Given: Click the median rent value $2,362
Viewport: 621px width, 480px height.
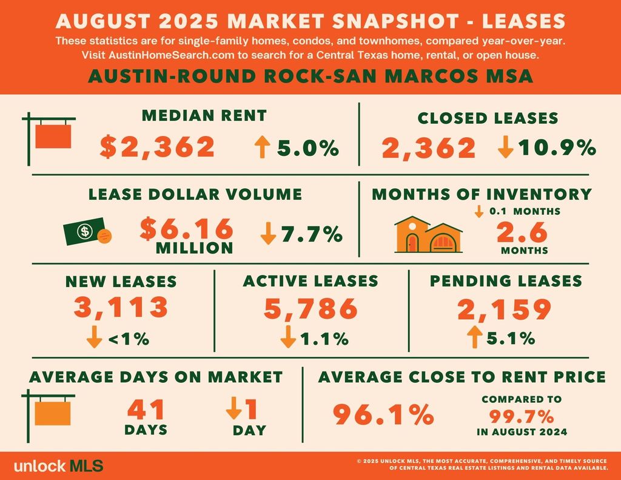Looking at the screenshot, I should pos(158,147).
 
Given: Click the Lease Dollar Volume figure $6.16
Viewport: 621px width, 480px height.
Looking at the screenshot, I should pos(187,228).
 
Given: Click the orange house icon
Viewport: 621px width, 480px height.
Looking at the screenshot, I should pos(428,235).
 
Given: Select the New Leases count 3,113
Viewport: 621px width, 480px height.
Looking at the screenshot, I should pos(121,308).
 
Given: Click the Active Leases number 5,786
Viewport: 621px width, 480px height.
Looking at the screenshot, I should pos(310,308).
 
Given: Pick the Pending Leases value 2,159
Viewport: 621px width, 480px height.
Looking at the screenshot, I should pos(504,308).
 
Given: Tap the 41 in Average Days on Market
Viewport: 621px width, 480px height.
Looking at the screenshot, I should pos(146,410).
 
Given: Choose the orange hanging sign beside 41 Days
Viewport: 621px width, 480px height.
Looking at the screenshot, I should pos(53,413).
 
